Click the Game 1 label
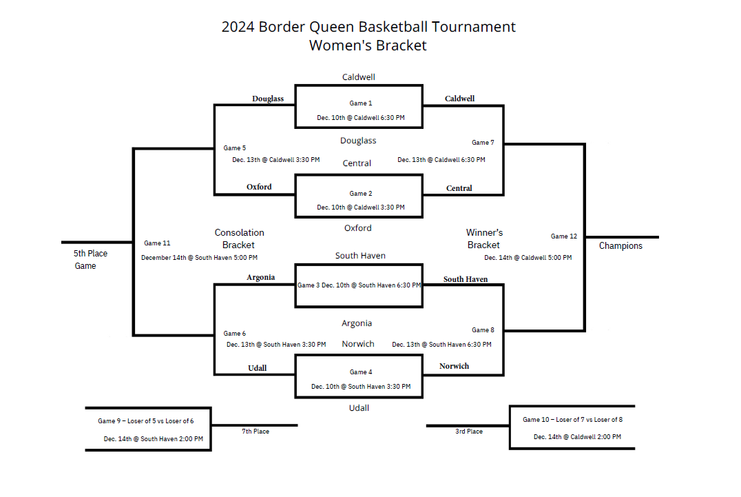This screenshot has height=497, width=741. coord(360,103)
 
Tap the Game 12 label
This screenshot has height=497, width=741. coord(563,236)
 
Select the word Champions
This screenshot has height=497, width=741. coord(620,246)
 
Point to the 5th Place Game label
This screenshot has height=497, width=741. coord(90,259)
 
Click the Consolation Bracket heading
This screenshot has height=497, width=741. coord(239,239)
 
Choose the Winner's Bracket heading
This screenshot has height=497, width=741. coord(484,239)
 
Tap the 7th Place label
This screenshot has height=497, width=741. coord(255,432)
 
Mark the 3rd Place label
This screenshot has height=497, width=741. coord(468,432)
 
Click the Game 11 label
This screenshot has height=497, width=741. coord(157,243)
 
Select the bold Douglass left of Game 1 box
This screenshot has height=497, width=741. coord(267,99)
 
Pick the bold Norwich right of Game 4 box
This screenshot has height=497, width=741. coord(454,366)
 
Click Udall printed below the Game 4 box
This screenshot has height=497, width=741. coord(359,408)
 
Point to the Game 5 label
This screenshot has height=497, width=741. coord(234,148)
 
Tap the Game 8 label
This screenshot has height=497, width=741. coord(483,330)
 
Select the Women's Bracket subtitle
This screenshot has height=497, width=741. coord(368,45)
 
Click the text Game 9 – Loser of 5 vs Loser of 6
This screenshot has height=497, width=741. coord(145,420)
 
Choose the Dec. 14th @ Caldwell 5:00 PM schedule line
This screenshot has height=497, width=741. coord(528,258)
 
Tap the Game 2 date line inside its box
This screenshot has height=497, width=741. coord(360,207)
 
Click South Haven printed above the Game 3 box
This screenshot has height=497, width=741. coord(360,256)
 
